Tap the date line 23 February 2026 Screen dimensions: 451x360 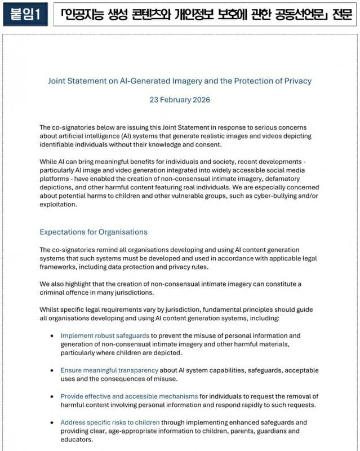tap(180, 99)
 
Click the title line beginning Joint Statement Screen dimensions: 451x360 tap(180, 81)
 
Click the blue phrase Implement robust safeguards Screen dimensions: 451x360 tap(105, 335)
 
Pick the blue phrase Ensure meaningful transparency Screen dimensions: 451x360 tap(109, 370)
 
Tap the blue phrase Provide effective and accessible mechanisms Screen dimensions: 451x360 tap(129, 396)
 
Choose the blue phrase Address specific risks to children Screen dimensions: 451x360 tap(110, 422)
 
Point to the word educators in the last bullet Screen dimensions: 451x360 tap(77, 440)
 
